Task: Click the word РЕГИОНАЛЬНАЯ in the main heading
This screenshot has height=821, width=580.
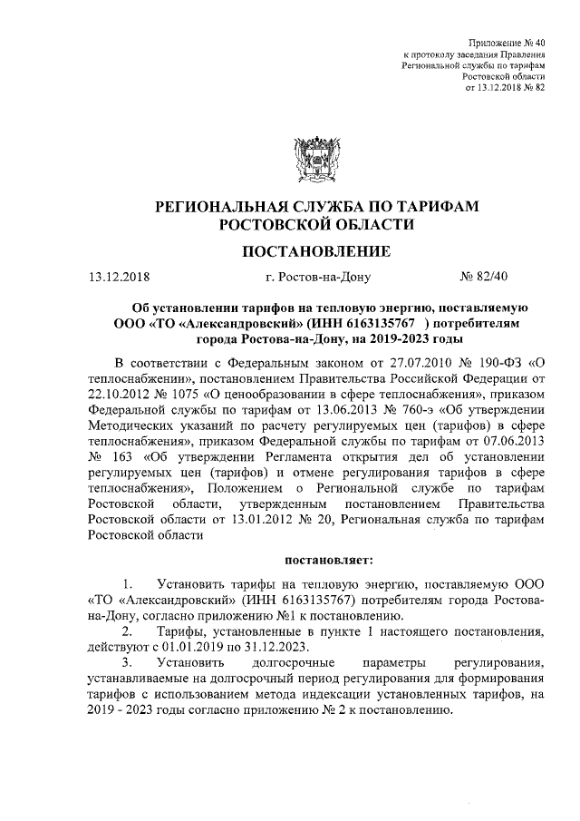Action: (235, 207)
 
